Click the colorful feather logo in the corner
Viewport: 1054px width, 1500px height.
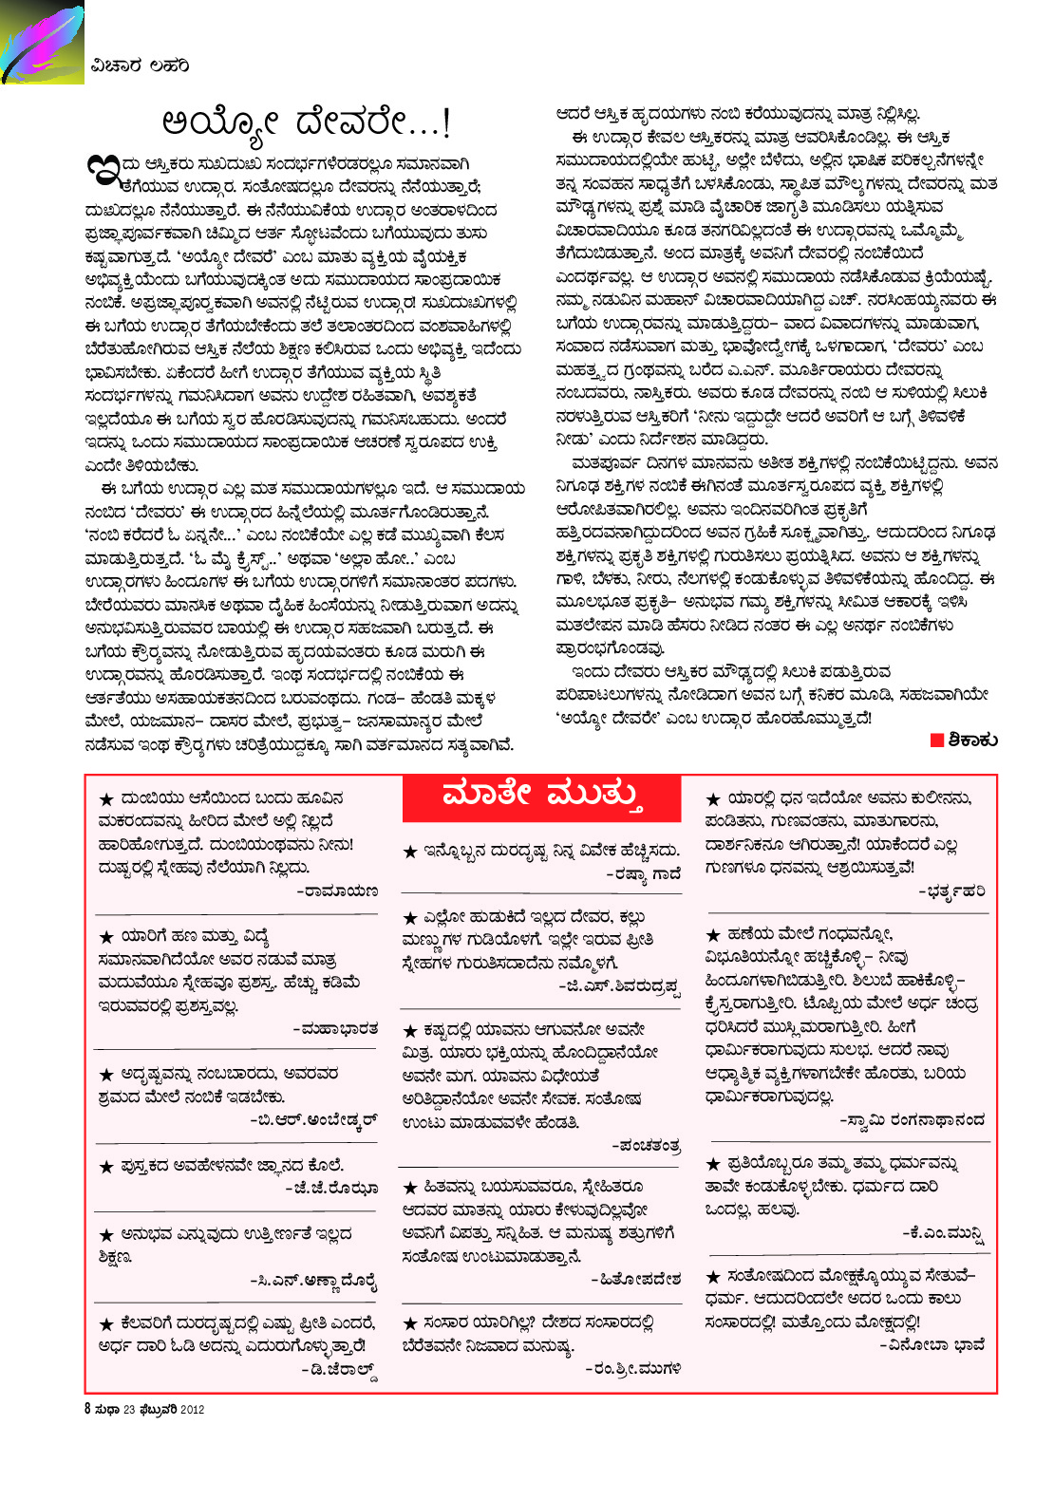point(42,43)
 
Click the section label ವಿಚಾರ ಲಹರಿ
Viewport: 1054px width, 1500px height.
point(141,66)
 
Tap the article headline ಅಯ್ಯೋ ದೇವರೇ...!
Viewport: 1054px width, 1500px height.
point(307,122)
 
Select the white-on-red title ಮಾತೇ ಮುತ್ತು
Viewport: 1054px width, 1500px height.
point(541,795)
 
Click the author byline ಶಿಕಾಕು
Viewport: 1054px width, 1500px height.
point(971,740)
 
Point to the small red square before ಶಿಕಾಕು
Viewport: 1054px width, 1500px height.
point(936,740)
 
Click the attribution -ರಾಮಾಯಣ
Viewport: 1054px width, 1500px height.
point(337,891)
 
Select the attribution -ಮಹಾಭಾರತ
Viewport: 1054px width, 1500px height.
point(335,1028)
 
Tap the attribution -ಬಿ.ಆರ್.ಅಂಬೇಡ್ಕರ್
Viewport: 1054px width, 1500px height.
point(313,1119)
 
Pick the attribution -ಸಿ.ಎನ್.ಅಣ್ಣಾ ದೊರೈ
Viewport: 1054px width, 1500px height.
point(313,1281)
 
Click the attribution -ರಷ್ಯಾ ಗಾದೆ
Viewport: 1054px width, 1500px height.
point(643,874)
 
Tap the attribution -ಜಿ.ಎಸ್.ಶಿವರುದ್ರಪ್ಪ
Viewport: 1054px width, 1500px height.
point(620,987)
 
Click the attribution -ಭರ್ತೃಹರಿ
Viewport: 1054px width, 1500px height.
point(951,891)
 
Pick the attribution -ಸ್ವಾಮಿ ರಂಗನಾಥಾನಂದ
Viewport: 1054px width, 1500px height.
point(913,1119)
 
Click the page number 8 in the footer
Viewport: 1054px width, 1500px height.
point(87,1409)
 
